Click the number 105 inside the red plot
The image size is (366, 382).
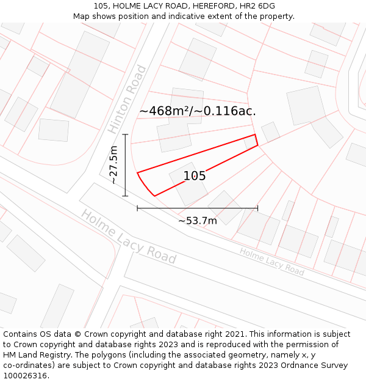(195, 176)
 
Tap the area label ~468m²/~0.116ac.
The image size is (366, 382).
(197, 111)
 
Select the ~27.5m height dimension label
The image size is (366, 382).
(113, 165)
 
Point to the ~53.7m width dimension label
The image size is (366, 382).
(197, 221)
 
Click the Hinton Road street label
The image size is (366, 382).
(127, 100)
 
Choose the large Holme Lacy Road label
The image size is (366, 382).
(128, 237)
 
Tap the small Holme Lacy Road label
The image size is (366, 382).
(271, 262)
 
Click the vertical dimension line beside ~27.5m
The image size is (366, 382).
(125, 165)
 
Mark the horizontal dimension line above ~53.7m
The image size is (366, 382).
(197, 208)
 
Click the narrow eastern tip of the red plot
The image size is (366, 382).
(256, 140)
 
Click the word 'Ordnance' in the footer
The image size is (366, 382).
(306, 365)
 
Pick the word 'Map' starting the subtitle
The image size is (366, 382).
(82, 17)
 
